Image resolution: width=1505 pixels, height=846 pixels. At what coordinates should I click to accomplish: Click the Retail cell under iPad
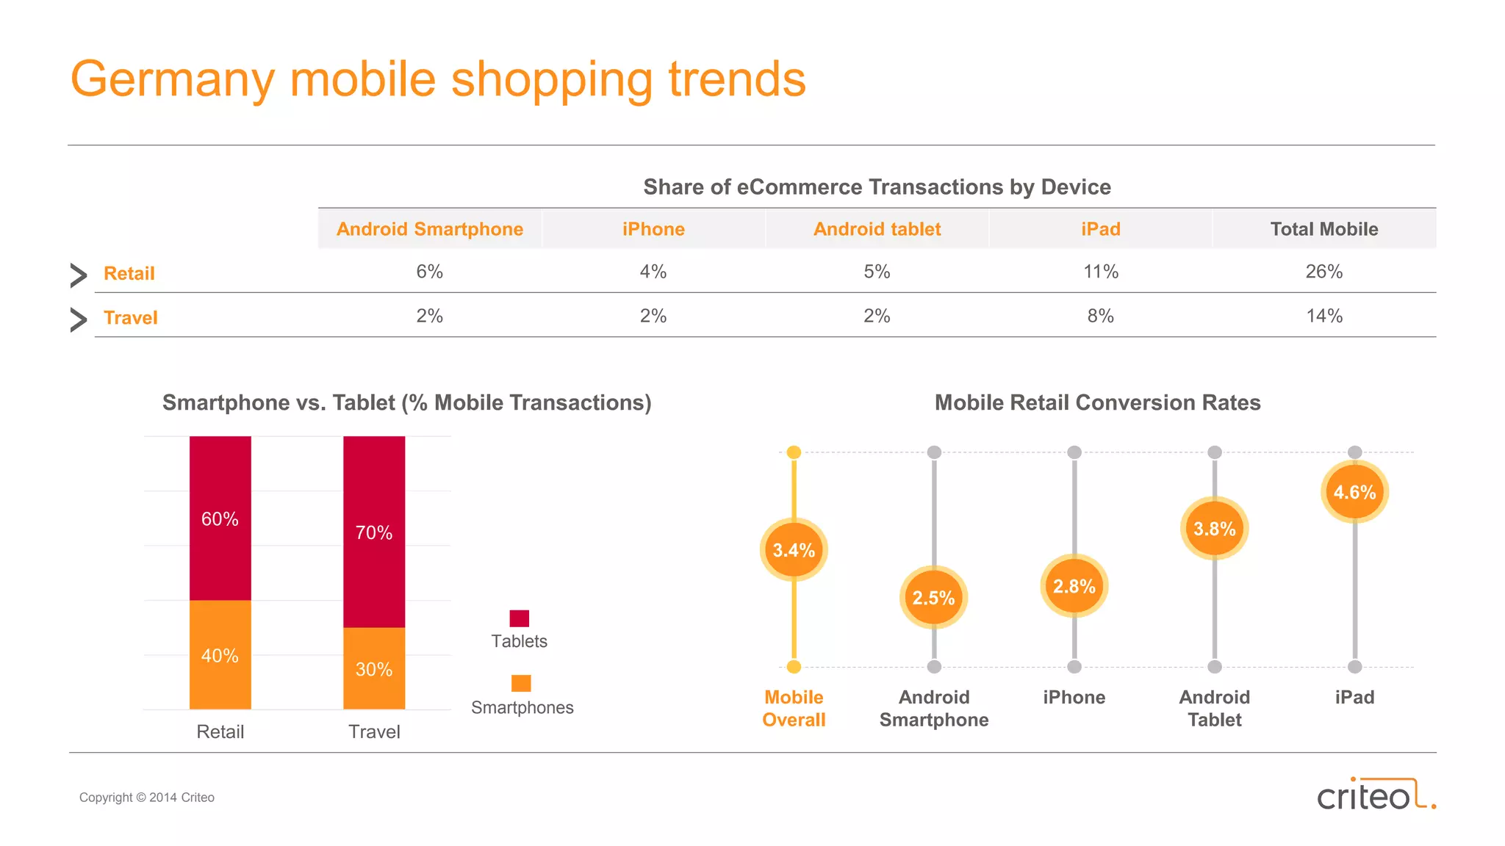click(x=1100, y=272)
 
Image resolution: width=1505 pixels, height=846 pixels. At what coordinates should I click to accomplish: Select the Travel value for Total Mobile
click(x=1323, y=316)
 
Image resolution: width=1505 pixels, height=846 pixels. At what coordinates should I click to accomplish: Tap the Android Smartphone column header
click(x=430, y=229)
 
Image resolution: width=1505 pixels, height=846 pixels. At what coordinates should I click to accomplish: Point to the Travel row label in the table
click(x=130, y=317)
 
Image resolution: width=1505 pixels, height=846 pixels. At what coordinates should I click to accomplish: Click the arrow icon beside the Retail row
click(x=78, y=275)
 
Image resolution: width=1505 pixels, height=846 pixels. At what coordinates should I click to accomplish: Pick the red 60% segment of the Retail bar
click(x=220, y=518)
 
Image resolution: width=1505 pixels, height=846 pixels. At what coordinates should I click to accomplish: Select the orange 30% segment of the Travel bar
click(x=373, y=668)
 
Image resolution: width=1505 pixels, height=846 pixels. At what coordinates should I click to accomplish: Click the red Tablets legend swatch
click(x=519, y=618)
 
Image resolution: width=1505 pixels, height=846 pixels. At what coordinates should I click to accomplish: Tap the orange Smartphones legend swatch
click(x=521, y=683)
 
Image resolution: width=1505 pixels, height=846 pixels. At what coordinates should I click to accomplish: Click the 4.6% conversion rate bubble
click(x=1354, y=492)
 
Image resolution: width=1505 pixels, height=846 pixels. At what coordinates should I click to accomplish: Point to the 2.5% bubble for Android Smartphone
click(x=933, y=597)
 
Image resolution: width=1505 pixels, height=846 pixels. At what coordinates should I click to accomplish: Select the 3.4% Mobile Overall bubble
click(x=794, y=550)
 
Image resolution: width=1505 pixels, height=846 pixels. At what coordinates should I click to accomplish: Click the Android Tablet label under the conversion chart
click(x=1214, y=708)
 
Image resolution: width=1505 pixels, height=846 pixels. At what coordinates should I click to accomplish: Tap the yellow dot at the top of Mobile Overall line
click(x=794, y=452)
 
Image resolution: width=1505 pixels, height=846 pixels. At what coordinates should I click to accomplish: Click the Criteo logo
click(x=1374, y=795)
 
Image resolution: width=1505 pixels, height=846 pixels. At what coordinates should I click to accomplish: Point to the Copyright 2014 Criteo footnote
click(x=146, y=798)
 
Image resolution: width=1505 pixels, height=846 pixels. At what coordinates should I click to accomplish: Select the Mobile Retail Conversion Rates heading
click(x=1097, y=402)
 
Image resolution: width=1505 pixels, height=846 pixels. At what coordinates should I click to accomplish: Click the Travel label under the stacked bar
click(x=373, y=731)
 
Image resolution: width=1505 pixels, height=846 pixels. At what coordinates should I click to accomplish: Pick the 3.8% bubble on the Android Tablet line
click(x=1214, y=529)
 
